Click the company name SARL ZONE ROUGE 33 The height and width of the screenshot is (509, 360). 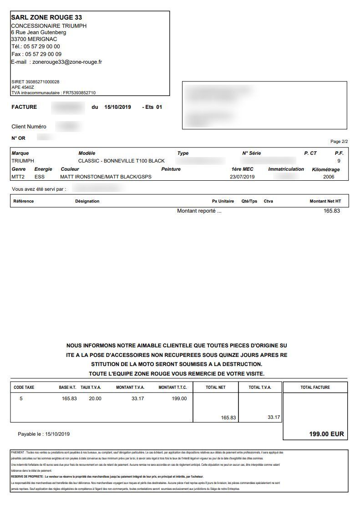pyautogui.click(x=46, y=17)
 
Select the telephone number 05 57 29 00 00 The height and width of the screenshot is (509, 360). pyautogui.click(x=42, y=46)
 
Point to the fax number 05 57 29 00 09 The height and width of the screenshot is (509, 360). pyautogui.click(x=43, y=54)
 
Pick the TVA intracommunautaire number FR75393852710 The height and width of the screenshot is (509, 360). pyautogui.click(x=79, y=93)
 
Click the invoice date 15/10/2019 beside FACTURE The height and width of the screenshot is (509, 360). pyautogui.click(x=117, y=107)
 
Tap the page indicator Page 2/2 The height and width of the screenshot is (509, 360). pyautogui.click(x=339, y=142)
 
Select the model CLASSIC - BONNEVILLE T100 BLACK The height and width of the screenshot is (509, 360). pyautogui.click(x=122, y=161)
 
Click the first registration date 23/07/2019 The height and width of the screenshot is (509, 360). pyautogui.click(x=242, y=177)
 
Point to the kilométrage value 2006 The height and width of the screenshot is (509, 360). pyautogui.click(x=329, y=177)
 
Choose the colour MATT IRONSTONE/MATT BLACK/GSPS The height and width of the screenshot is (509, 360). pyautogui.click(x=106, y=177)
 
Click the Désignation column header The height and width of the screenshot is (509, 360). pyautogui.click(x=87, y=201)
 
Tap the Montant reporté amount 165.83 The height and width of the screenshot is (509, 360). pyautogui.click(x=332, y=211)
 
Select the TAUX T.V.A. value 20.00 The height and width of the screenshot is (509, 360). pyautogui.click(x=95, y=399)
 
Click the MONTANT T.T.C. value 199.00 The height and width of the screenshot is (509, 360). pyautogui.click(x=178, y=399)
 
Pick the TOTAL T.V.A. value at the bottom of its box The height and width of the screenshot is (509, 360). pyautogui.click(x=274, y=417)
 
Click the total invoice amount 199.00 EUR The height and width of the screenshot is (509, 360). pyautogui.click(x=327, y=434)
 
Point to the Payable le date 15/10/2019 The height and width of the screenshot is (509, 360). pyautogui.click(x=57, y=434)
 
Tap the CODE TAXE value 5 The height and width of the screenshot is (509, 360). pyautogui.click(x=20, y=399)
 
